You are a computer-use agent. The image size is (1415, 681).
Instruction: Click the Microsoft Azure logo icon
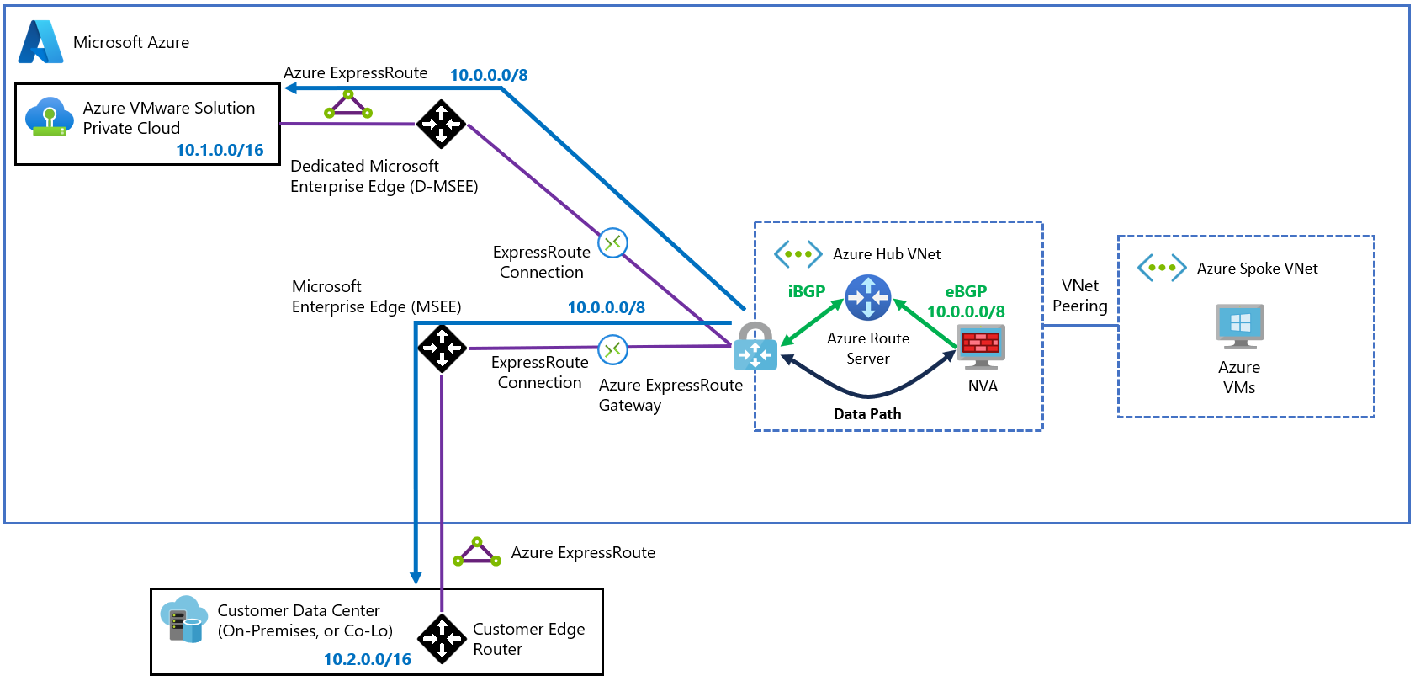tap(40, 41)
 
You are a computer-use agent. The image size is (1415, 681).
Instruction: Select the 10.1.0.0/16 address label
tap(220, 150)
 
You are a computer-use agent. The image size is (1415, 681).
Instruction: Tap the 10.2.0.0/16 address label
tap(368, 659)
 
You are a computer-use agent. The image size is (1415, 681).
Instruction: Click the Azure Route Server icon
tap(867, 297)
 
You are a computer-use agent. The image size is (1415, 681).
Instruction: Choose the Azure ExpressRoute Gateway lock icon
tap(755, 347)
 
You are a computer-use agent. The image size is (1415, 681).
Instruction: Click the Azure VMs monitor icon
tap(1239, 327)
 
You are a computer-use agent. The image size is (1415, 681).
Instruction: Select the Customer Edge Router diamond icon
tap(442, 639)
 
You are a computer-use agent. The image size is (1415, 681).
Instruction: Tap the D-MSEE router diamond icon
tap(442, 124)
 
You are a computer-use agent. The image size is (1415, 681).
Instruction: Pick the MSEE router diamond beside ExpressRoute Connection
tap(442, 348)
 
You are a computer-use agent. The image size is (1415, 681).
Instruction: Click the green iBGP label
tap(806, 291)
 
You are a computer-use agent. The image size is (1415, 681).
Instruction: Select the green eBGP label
tap(966, 291)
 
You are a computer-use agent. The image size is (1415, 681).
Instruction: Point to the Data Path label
tap(867, 414)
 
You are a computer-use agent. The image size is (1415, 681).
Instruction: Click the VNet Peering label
tap(1080, 296)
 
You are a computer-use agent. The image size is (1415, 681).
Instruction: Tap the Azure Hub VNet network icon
tap(798, 253)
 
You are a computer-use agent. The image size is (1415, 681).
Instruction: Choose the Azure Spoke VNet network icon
tap(1162, 268)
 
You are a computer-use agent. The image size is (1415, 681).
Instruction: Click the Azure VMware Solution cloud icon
tap(48, 117)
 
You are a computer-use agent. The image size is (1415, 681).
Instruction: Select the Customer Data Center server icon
tap(183, 620)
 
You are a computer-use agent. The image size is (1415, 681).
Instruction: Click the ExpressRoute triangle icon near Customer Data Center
tap(477, 552)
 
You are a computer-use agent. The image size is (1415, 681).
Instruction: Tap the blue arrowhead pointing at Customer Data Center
tap(416, 577)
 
